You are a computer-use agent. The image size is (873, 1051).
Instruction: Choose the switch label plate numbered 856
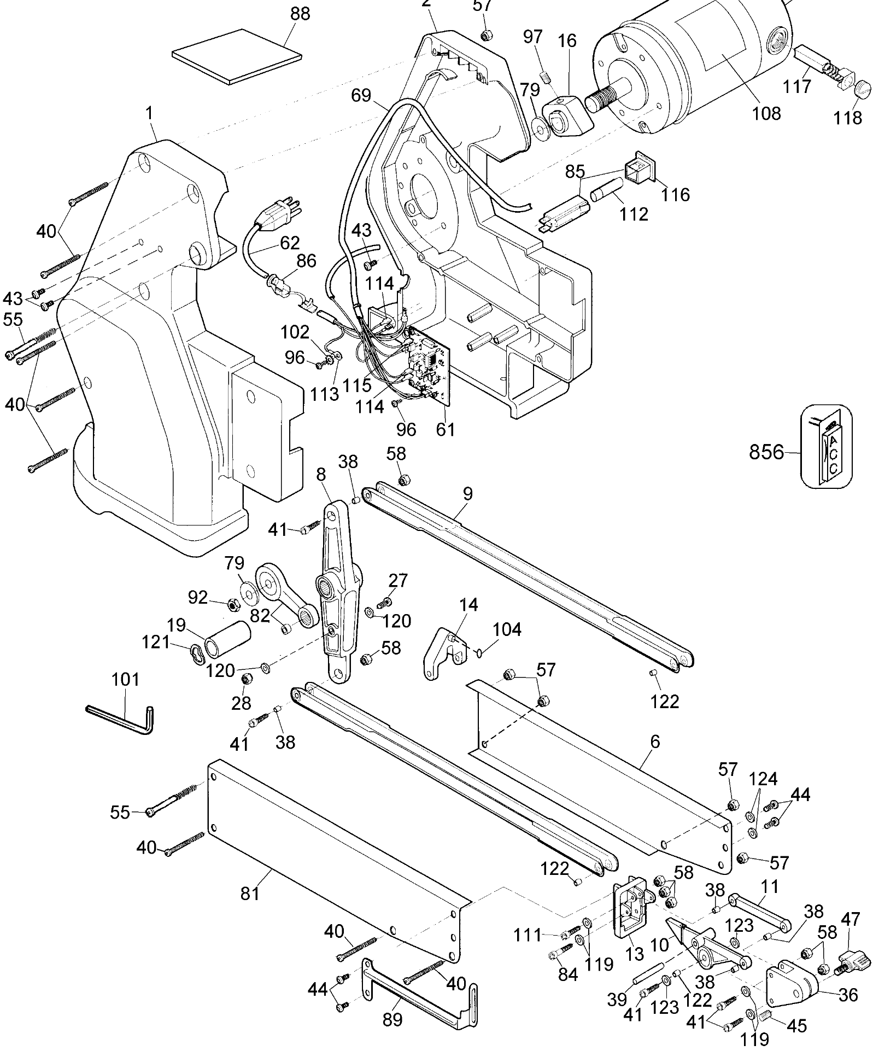coord(827,445)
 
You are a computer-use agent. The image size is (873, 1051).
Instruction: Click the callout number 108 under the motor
coord(766,113)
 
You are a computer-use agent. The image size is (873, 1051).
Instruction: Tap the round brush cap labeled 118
coord(860,89)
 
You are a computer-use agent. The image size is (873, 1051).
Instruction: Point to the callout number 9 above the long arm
coord(467,494)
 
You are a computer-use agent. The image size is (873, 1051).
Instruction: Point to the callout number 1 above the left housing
coord(149,114)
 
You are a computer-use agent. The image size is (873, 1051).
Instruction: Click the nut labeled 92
coord(231,605)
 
